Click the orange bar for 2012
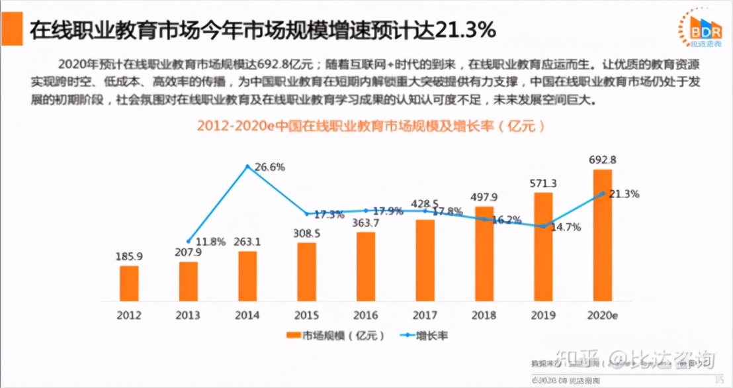129,283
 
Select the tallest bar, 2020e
602,235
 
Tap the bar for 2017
425,260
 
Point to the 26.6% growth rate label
270,168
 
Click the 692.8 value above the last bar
602,160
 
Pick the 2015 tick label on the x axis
306,315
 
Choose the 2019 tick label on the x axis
542,315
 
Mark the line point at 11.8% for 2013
189,241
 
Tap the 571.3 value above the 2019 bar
542,183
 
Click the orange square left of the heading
11,30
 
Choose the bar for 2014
247,276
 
